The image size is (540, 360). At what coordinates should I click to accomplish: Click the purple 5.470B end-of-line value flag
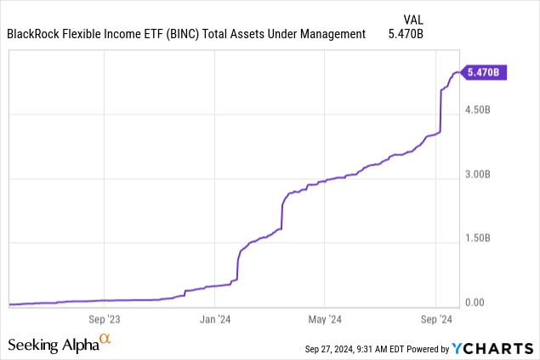pyautogui.click(x=483, y=73)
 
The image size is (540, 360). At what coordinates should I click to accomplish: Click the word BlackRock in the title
pyautogui.click(x=35, y=35)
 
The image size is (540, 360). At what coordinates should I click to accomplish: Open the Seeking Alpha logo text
pyautogui.click(x=52, y=345)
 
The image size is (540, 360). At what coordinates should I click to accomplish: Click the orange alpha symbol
pyautogui.click(x=105, y=340)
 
